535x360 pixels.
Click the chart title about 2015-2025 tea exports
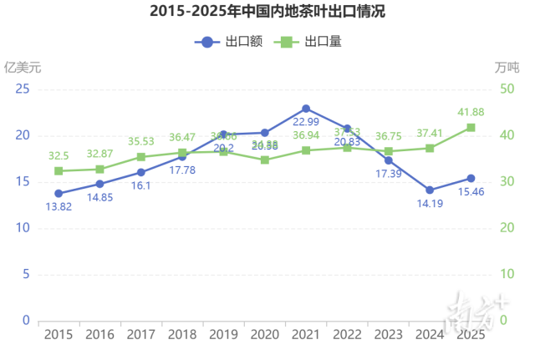(267, 12)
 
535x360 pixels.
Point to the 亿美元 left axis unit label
(23, 66)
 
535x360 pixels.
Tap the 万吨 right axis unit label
(507, 66)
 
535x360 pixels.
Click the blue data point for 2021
(306, 109)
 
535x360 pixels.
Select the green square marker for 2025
(471, 128)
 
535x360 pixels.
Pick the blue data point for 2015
(59, 193)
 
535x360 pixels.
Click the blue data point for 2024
(430, 190)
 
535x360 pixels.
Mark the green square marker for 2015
(59, 170)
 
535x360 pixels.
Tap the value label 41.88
(471, 112)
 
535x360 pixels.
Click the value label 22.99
(306, 124)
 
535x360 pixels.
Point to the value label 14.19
(430, 205)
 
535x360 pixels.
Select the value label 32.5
(59, 155)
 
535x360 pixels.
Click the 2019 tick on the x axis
(223, 334)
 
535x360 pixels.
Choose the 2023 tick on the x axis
(388, 334)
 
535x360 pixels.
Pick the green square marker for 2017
(140, 156)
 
